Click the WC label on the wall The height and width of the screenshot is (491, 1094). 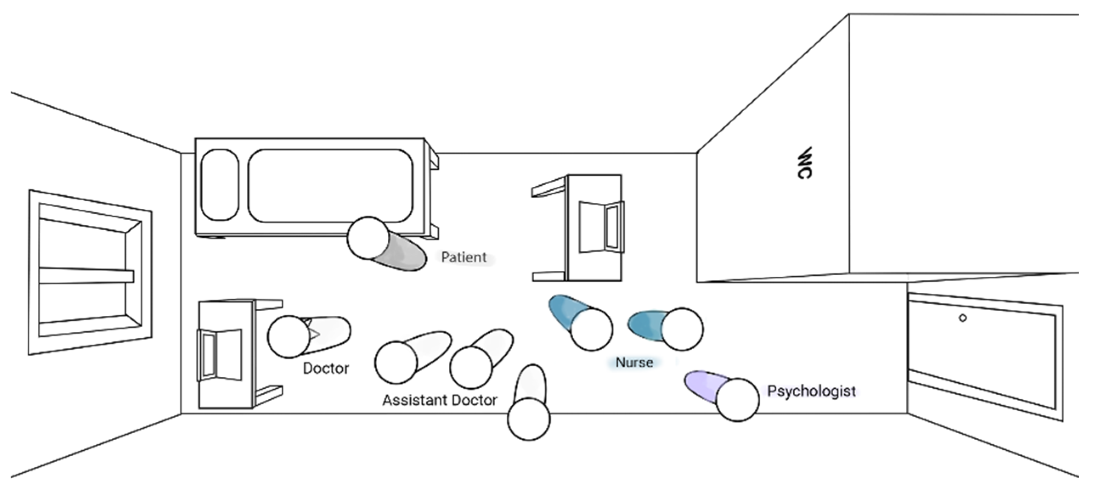pos(804,163)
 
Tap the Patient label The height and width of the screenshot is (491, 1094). pos(464,257)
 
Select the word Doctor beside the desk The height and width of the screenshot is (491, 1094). pos(326,368)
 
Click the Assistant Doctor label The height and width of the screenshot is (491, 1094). pos(440,400)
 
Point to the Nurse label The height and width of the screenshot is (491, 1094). pos(634,362)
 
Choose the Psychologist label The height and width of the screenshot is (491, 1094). pos(811,391)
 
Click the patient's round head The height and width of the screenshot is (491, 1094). pos(368,238)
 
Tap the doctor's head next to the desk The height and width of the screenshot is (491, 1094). pos(288,337)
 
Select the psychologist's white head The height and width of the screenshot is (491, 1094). pos(737,400)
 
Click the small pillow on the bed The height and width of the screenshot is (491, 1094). pos(220,185)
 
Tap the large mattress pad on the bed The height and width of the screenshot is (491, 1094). pos(330,186)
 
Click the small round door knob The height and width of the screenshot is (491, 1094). pos(963,318)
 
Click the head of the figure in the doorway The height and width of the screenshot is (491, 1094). pos(529,419)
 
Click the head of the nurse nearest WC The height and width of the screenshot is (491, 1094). pos(682,329)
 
